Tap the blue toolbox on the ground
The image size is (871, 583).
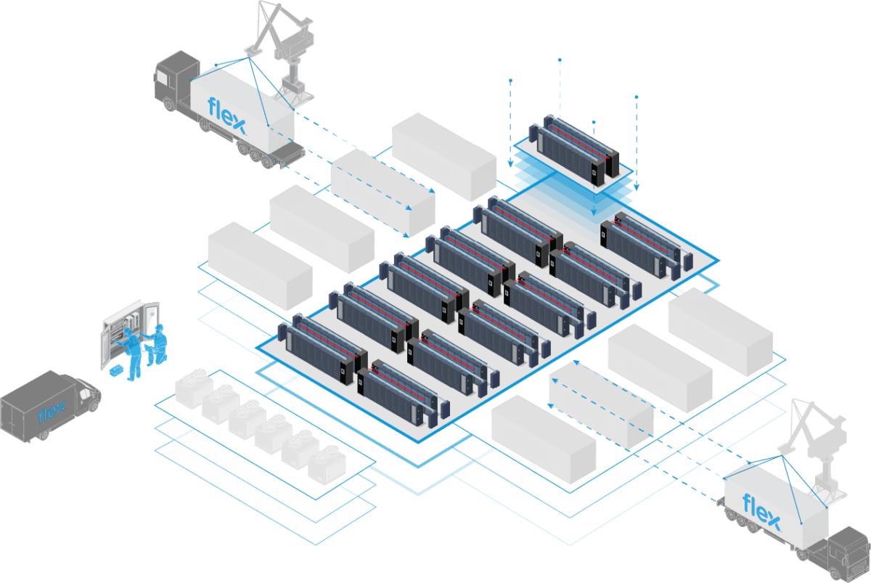coord(115,371)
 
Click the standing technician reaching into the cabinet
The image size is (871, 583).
coord(132,353)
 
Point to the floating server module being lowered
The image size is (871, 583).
coord(573,149)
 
